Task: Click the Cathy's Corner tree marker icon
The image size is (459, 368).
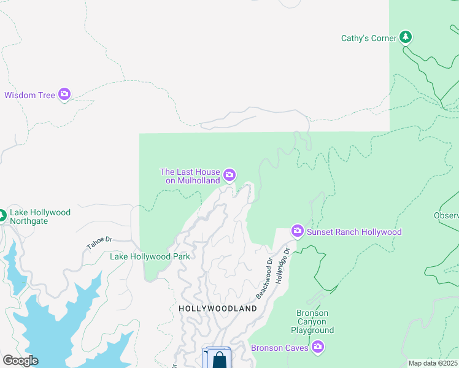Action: [x=405, y=37]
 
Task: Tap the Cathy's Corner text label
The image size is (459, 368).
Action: [x=369, y=38]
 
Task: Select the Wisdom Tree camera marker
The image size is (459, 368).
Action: [x=64, y=94]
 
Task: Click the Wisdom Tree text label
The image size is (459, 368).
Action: [x=30, y=95]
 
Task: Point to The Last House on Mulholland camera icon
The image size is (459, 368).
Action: [x=229, y=176]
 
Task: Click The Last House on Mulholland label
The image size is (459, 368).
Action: [x=190, y=177]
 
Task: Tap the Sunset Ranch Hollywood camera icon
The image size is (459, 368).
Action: [x=298, y=231]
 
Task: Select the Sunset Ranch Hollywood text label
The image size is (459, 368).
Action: [x=354, y=232]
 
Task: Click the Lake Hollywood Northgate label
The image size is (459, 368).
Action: [x=40, y=217]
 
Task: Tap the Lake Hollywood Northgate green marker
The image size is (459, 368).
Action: [x=1, y=216]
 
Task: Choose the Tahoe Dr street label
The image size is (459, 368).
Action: [x=99, y=242]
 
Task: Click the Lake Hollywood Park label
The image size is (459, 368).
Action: [x=150, y=256]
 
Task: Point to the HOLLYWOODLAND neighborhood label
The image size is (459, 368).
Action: [x=218, y=309]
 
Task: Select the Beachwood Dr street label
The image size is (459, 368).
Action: [x=264, y=280]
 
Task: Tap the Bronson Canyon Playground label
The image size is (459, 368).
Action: [x=312, y=321]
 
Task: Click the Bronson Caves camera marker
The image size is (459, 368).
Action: [x=317, y=348]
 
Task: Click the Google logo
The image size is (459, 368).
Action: [x=20, y=360]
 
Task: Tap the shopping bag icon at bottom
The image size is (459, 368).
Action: [x=218, y=359]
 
